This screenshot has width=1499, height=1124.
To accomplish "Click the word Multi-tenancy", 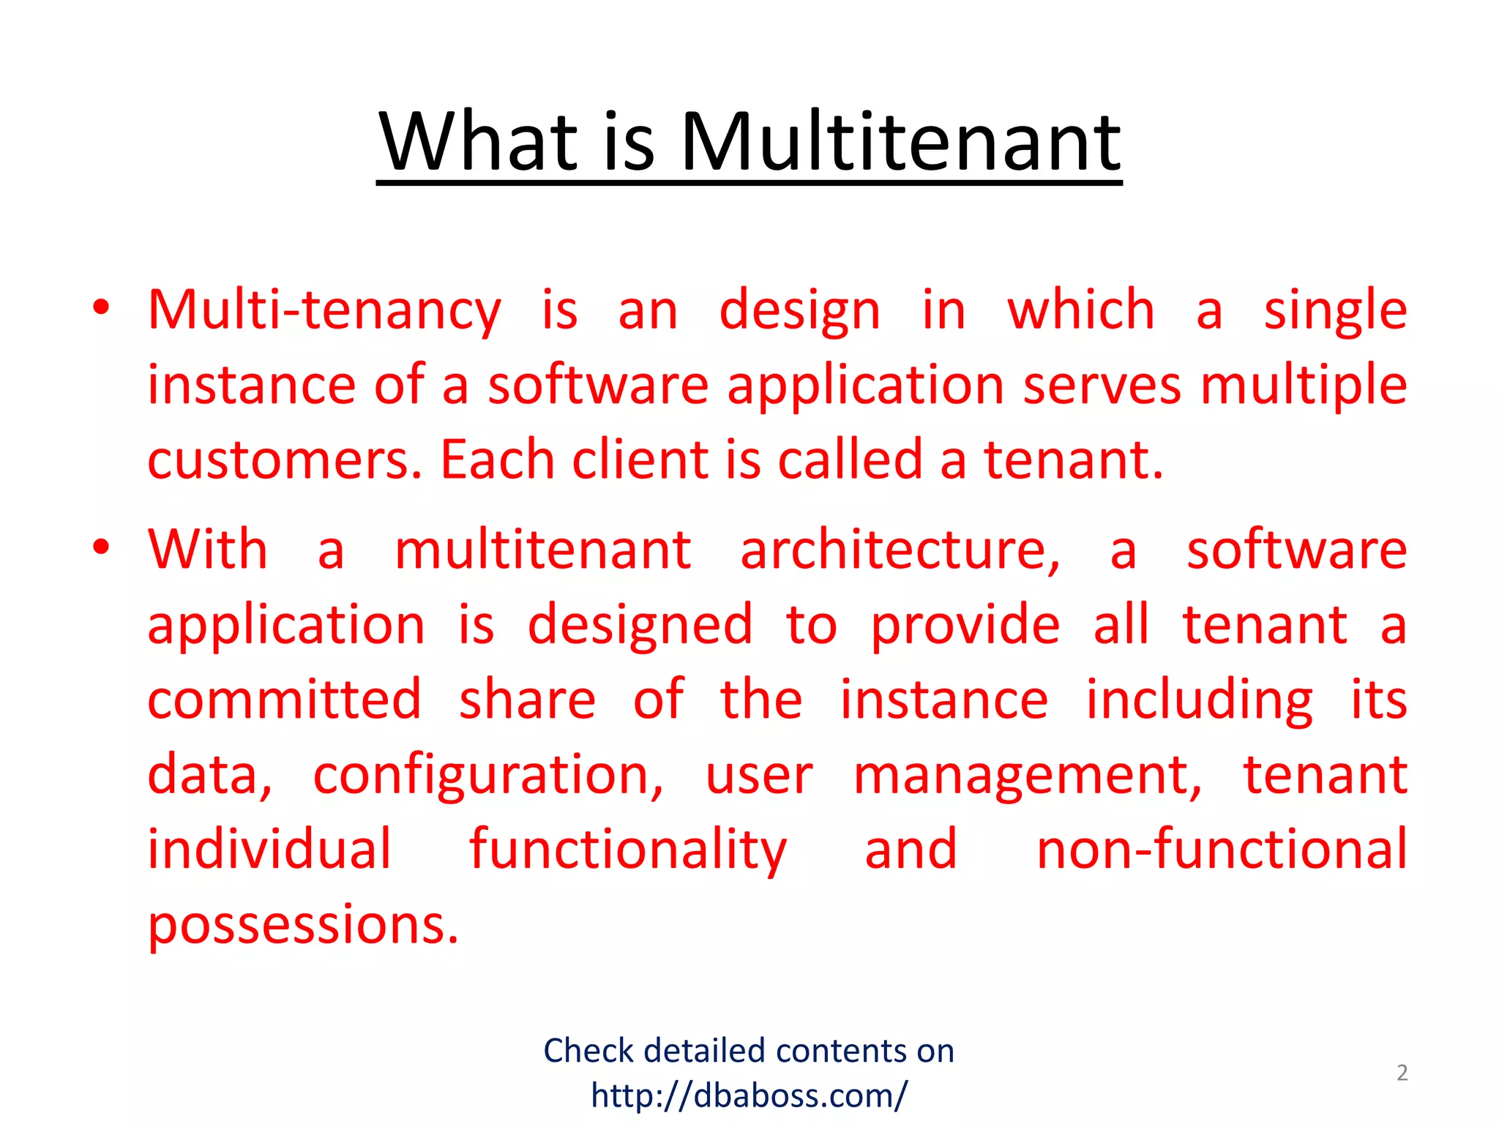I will [x=324, y=311].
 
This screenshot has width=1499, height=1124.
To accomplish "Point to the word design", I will [x=799, y=311].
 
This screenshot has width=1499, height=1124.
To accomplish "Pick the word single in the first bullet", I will [x=1335, y=311].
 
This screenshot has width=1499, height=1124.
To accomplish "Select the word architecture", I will [x=900, y=550].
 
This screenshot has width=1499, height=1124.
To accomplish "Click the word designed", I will [x=640, y=626].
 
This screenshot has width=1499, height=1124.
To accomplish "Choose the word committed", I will [x=285, y=700].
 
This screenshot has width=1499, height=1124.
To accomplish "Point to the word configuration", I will [x=488, y=776].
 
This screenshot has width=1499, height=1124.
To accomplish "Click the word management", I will [x=1028, y=776].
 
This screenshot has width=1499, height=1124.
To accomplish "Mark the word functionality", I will [x=627, y=850].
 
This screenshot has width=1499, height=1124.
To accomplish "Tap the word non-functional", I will [x=1222, y=850].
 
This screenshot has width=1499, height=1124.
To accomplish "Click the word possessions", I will [x=303, y=926].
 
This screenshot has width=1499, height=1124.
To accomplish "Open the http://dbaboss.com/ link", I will [x=749, y=1095].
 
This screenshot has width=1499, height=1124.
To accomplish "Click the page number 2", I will [x=1402, y=1073].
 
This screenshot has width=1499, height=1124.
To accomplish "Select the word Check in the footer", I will [x=588, y=1051].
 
